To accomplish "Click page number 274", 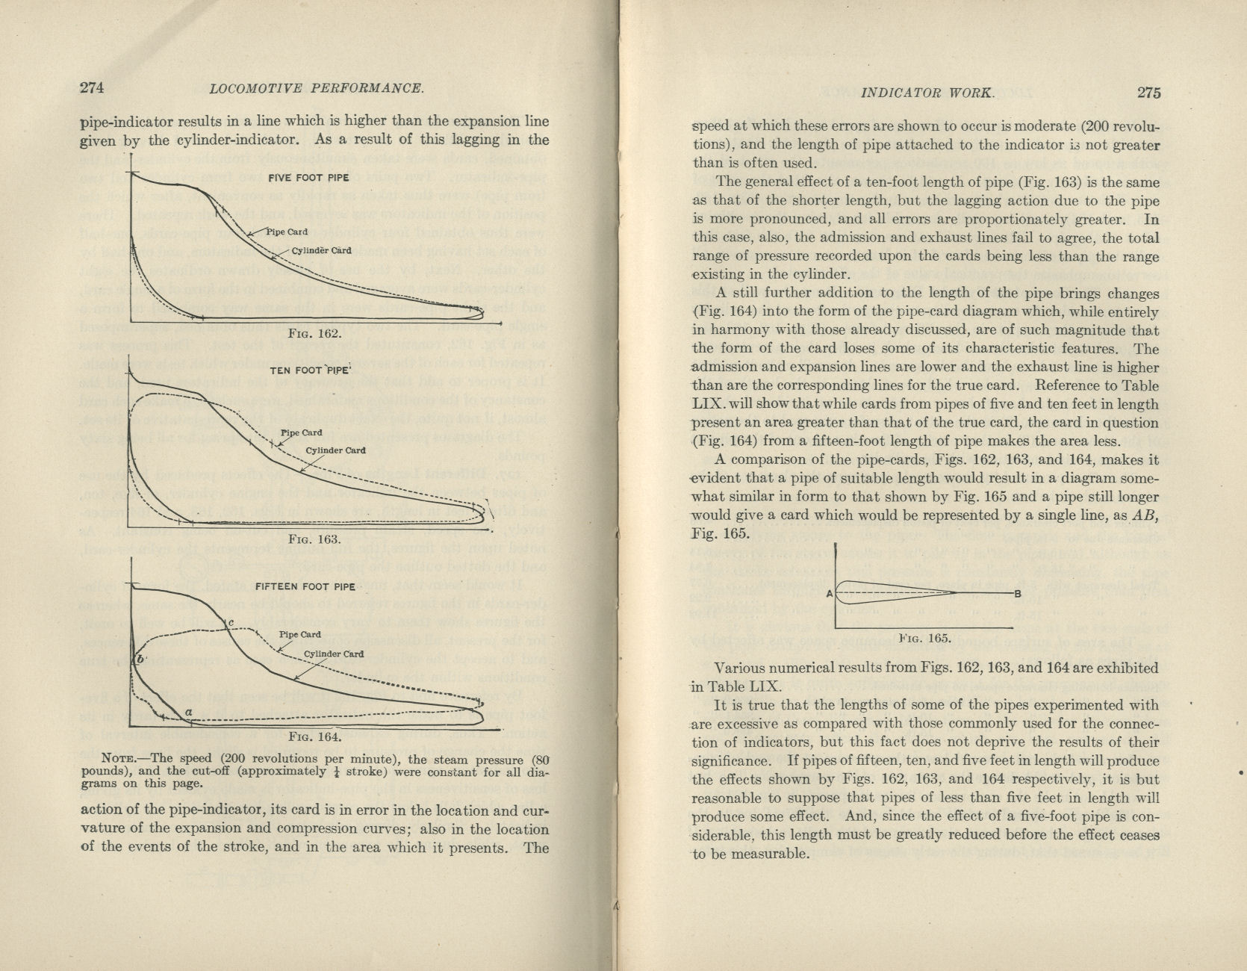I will [x=91, y=87].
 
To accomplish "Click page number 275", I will [x=1149, y=93].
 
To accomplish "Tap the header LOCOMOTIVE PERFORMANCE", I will [x=317, y=88].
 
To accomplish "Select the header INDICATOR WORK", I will [x=927, y=93].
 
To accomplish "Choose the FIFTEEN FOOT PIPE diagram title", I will [x=305, y=586].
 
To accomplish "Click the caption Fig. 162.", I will [x=314, y=333].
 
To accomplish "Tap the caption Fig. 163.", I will [x=314, y=539].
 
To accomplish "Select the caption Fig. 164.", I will [x=314, y=736].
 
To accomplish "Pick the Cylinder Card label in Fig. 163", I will [x=335, y=450].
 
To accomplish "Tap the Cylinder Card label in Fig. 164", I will [x=334, y=654].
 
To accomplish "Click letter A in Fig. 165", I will [x=830, y=594].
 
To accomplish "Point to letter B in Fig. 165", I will [x=1017, y=594].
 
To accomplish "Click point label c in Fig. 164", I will [x=231, y=622].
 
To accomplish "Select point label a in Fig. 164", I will [x=189, y=712].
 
